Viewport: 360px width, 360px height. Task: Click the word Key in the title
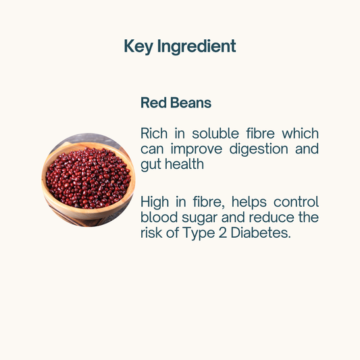(138, 47)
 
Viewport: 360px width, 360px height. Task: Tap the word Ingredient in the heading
(197, 47)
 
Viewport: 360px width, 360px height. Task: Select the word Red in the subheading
(153, 103)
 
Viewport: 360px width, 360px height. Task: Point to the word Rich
(155, 133)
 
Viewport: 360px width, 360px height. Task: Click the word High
(156, 202)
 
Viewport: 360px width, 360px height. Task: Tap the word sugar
(203, 218)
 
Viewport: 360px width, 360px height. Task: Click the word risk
(152, 233)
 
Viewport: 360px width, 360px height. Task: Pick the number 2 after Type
(220, 233)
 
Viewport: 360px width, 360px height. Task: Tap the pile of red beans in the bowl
(88, 177)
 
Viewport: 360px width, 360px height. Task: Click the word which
(301, 133)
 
